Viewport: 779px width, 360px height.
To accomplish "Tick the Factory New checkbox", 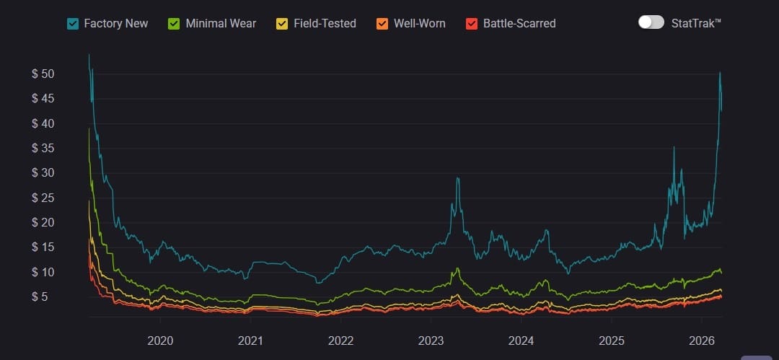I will point(72,23).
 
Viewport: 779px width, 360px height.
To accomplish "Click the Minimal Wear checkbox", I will point(174,23).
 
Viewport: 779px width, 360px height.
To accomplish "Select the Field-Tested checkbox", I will point(282,23).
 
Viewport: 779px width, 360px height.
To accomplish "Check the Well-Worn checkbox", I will point(382,23).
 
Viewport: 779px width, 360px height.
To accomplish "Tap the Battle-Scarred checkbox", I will point(472,23).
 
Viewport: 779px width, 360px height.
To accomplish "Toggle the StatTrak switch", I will point(651,22).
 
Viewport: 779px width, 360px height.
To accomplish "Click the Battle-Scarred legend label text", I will point(519,23).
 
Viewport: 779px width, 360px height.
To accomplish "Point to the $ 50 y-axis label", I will point(43,74).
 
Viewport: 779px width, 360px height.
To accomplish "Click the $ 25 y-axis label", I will point(43,198).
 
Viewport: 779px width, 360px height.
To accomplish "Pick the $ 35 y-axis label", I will point(43,149).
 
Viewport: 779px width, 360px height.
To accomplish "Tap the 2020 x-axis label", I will point(160,340).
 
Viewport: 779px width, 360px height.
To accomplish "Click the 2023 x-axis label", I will point(431,340).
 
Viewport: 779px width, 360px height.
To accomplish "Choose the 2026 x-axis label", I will point(702,340).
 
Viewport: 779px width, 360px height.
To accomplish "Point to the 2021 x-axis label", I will point(250,340).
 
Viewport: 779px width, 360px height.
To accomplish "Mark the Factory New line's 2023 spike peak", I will point(457,177).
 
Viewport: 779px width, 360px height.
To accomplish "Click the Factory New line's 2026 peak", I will point(720,73).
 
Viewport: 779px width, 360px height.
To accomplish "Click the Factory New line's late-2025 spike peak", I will point(674,148).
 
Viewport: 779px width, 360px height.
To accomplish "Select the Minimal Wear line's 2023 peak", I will point(457,269).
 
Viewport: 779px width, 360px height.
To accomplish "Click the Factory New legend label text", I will point(115,23).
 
